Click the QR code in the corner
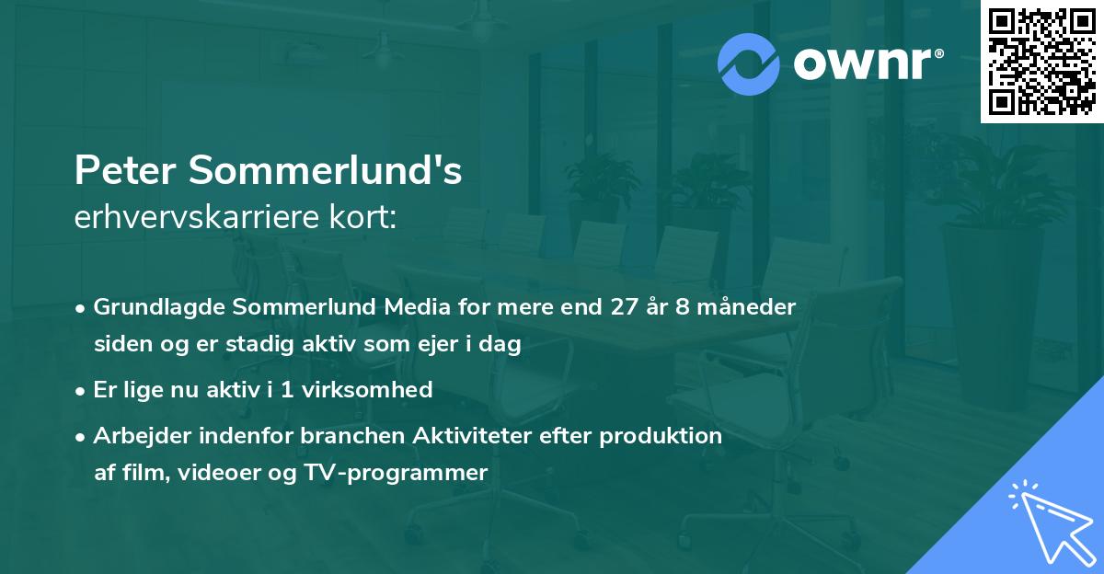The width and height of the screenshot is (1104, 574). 1041,61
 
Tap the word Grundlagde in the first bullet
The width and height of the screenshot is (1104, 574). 151,306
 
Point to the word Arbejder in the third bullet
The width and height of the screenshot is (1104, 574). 135,436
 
